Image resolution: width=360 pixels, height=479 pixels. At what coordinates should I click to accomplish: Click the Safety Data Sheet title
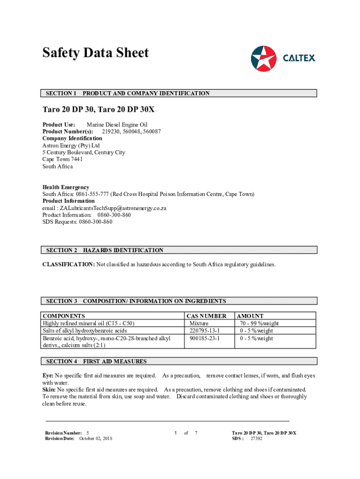coord(95,53)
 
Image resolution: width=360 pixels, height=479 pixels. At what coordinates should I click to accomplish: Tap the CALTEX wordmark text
coord(299,58)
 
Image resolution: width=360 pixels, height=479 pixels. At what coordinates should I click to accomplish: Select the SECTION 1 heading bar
coord(179,93)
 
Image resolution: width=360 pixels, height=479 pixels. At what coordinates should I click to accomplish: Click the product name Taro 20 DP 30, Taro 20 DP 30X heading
coord(98,110)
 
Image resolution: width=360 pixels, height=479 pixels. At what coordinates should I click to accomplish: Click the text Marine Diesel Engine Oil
coord(117,125)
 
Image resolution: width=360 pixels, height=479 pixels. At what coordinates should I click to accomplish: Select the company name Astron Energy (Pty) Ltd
coord(71,145)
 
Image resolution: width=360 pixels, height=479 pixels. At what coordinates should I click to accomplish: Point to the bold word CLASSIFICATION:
coord(69,264)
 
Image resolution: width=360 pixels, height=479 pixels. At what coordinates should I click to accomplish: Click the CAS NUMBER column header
coord(206,316)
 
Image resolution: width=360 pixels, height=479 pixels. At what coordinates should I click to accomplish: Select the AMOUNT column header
coord(251,316)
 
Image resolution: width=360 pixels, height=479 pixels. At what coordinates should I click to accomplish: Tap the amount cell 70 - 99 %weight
coord(259,323)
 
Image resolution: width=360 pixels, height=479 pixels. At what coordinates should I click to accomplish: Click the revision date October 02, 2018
coord(95,438)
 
